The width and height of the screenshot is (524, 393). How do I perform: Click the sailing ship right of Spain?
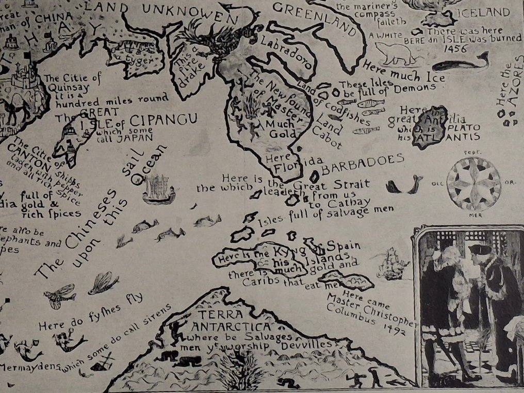tap(393, 263)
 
